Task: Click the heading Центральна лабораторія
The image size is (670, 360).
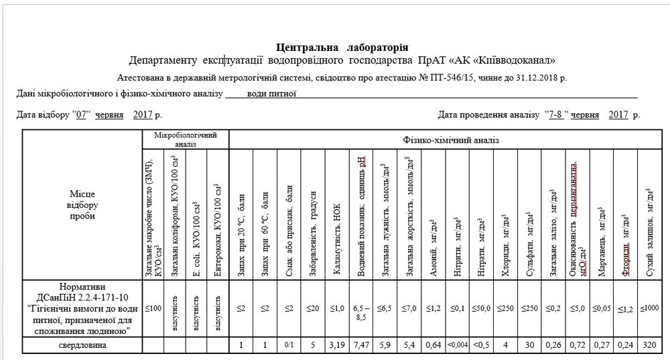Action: [x=342, y=48]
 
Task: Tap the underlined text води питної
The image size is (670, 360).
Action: [x=271, y=94]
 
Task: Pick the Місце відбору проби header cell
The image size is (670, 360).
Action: [x=83, y=205]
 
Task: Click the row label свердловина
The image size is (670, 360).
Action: [x=83, y=345]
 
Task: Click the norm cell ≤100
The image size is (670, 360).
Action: [x=153, y=308]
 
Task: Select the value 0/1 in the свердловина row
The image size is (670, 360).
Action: [x=289, y=345]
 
